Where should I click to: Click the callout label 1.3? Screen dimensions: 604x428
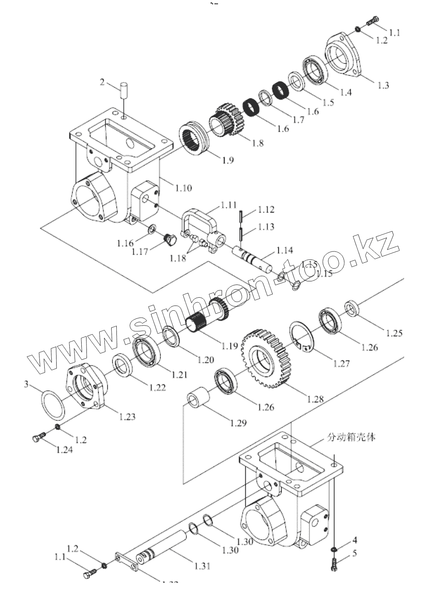383,85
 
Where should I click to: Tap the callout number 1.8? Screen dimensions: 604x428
258,143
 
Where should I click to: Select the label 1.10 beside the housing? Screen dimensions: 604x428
183,188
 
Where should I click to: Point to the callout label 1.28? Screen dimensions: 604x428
315,399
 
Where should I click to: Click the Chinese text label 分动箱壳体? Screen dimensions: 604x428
351,437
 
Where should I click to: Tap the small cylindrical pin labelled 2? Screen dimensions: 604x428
124,92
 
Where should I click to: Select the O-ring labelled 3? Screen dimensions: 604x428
53,404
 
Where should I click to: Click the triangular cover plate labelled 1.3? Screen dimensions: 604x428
345,55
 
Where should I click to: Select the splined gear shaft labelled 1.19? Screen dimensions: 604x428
207,316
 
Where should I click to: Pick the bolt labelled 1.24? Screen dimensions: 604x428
38,438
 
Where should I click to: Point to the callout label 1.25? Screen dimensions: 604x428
394,333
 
